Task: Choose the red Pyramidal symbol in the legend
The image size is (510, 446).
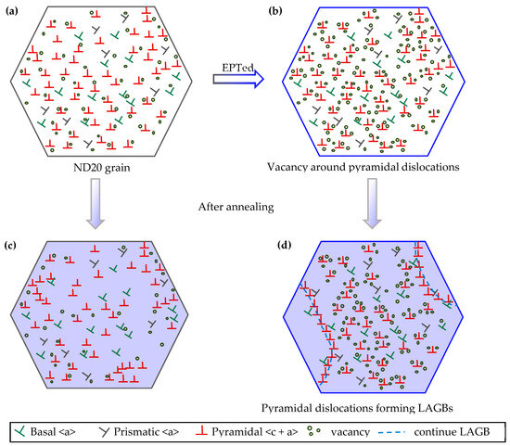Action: [213, 431]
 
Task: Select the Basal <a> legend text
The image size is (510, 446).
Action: [61, 431]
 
